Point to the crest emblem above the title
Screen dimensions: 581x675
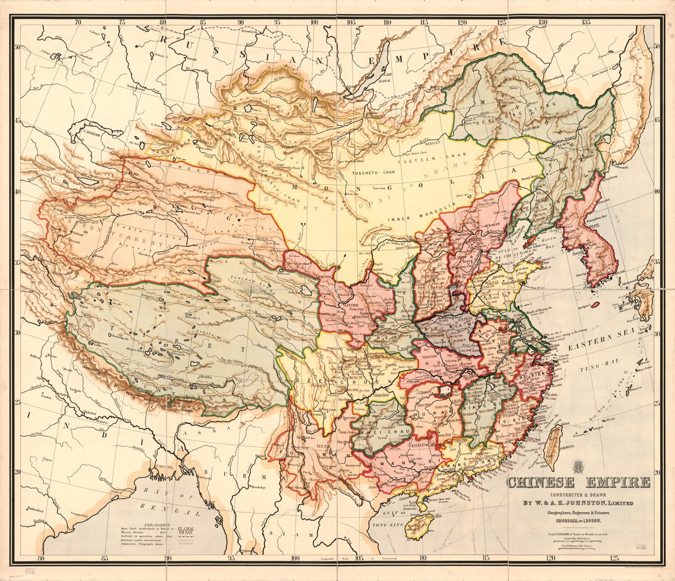577,466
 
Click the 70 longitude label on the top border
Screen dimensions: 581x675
78,22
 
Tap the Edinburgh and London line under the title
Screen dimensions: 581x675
577,520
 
